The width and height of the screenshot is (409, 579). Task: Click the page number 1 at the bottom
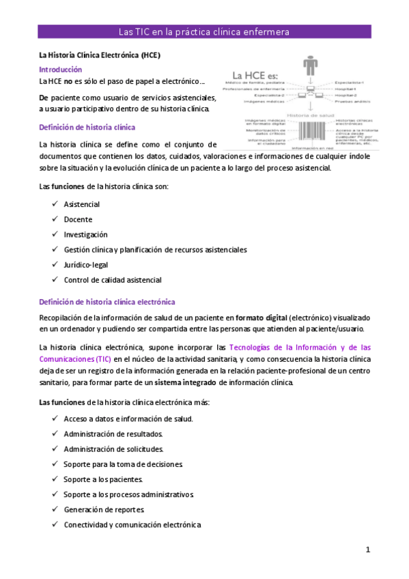pos(367,550)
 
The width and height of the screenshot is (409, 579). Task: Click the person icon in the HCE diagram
pos(311,66)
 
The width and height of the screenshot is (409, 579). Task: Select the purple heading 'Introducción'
pos(60,70)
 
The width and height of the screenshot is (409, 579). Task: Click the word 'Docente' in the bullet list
pos(78,220)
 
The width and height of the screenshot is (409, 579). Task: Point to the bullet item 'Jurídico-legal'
pos(86,265)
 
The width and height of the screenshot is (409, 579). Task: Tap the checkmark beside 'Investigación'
pos(54,235)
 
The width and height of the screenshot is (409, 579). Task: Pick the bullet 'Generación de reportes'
pos(104,509)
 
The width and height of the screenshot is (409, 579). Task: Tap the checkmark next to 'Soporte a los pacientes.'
pos(54,479)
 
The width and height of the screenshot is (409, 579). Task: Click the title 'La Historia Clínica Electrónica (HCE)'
pos(99,55)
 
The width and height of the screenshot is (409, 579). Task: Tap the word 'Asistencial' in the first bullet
pos(81,205)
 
